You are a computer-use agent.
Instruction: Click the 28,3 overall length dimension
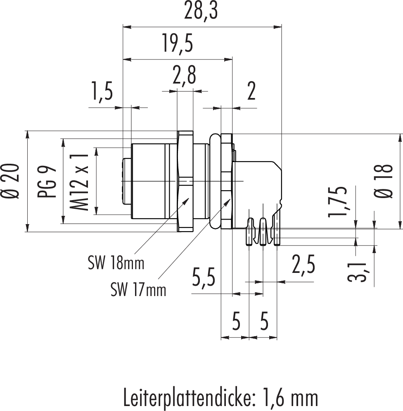(x=202, y=13)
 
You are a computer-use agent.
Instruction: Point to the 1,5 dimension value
(x=101, y=93)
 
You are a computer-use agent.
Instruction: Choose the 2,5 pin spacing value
(x=303, y=265)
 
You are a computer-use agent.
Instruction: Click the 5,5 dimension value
(x=204, y=278)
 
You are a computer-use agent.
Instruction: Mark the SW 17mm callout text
(x=138, y=290)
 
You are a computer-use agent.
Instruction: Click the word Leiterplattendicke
(x=187, y=398)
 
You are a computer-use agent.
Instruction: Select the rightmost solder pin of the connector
(x=277, y=232)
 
